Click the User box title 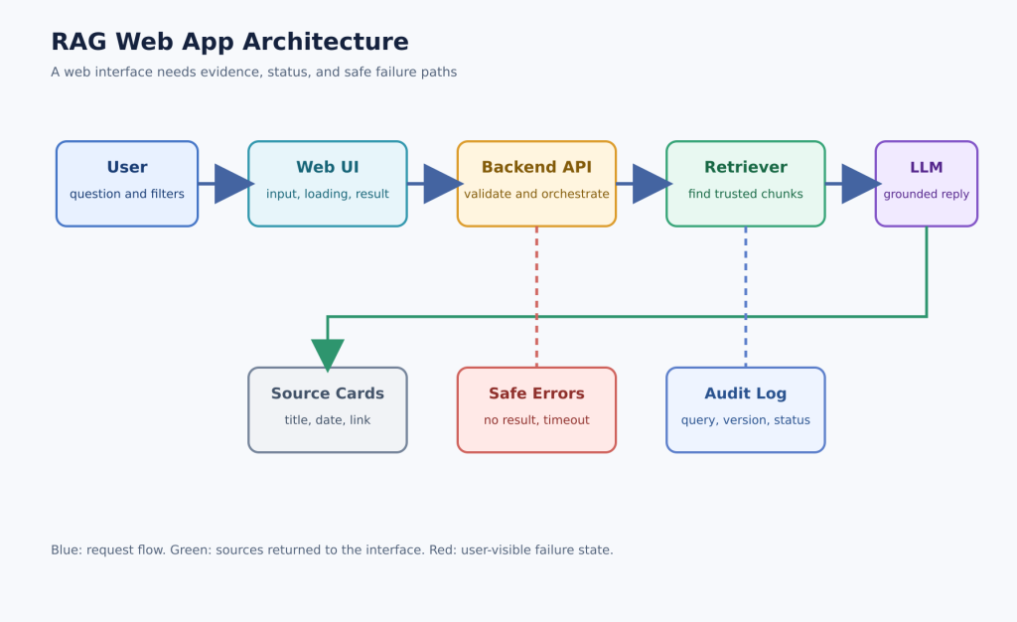(x=127, y=167)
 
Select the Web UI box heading (x=328, y=167)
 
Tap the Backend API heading (x=536, y=167)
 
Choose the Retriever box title (x=746, y=167)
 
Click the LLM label (x=927, y=167)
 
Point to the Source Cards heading (x=328, y=393)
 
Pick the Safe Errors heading (x=536, y=393)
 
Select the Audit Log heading (x=746, y=393)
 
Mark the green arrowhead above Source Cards (x=328, y=354)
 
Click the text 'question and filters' (x=127, y=194)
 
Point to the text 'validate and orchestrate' (x=536, y=194)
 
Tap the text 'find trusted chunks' (x=746, y=194)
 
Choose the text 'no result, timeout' (x=536, y=420)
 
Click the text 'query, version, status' (x=746, y=420)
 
